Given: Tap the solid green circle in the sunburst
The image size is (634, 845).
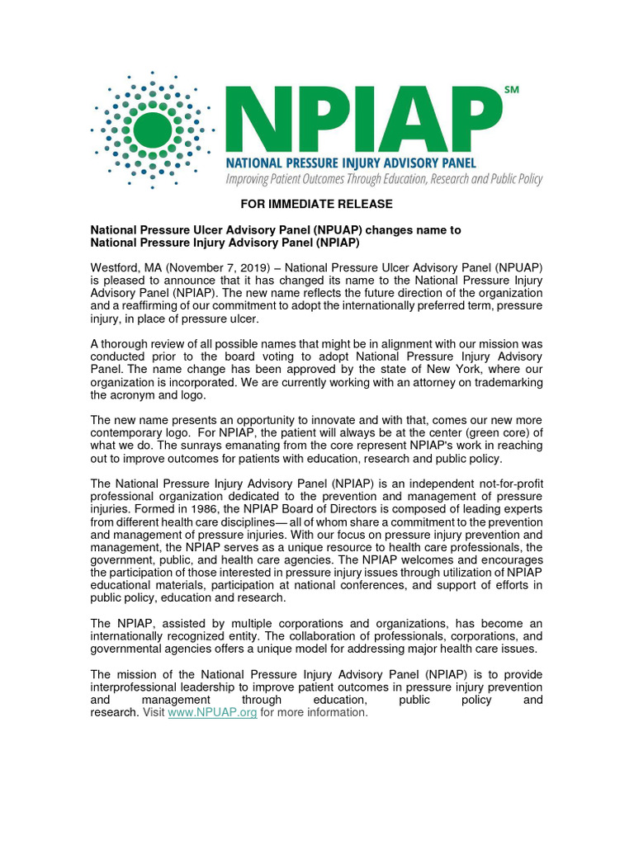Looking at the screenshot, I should (152, 129).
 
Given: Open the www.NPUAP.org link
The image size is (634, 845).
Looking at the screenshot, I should (212, 712).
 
